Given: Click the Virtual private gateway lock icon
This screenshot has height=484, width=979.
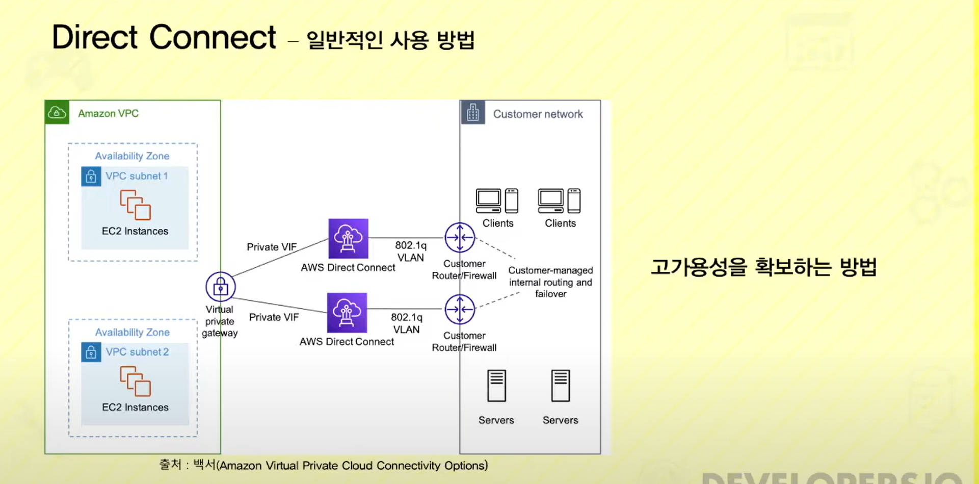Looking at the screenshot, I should [220, 287].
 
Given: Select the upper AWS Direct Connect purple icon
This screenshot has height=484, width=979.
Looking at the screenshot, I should [348, 238].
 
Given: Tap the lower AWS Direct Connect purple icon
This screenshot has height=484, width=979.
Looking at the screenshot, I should [347, 313].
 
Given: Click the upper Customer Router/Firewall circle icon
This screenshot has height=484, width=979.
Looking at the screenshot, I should [460, 238].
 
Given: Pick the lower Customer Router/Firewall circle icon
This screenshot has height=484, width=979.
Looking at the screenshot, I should [460, 309].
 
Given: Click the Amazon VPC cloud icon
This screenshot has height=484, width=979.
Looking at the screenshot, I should [57, 112].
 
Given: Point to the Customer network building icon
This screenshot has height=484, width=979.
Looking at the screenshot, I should [473, 113].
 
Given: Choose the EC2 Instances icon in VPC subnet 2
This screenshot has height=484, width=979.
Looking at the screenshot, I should [135, 381].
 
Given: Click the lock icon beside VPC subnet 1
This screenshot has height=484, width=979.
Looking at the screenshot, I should [91, 176].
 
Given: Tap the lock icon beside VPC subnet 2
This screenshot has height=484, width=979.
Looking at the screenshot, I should [91, 352].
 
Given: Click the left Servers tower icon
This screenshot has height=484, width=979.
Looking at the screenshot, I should [496, 386].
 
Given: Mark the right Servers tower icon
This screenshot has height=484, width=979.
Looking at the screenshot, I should [560, 386].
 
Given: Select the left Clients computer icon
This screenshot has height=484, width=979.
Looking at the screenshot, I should [497, 201].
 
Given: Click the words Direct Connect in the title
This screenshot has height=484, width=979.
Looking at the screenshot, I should [164, 37].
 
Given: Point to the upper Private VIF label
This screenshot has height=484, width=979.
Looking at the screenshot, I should [272, 247].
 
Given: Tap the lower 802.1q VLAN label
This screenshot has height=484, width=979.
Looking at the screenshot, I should [407, 323].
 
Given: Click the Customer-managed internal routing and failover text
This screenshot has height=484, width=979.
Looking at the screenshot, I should [550, 282].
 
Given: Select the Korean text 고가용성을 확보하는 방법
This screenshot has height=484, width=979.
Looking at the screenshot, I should [763, 267].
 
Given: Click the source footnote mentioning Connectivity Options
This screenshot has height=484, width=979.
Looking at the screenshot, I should [324, 465].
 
